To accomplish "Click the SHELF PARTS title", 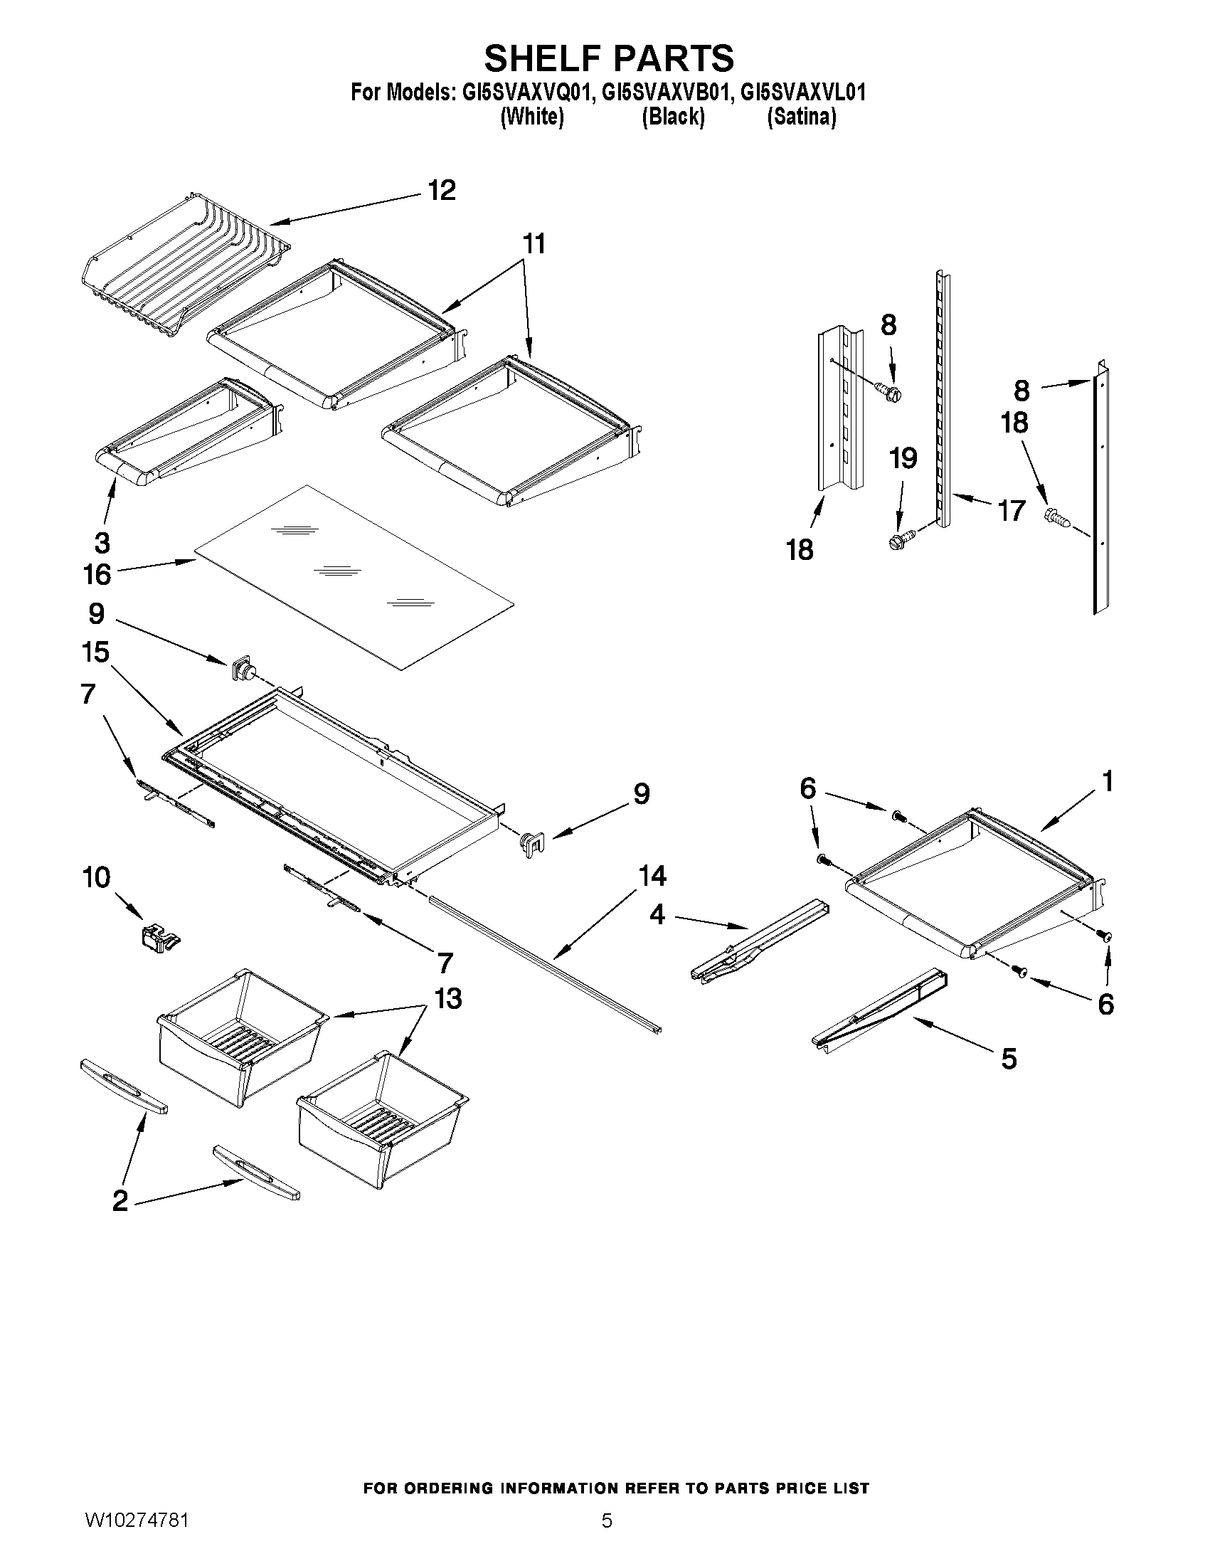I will [x=609, y=58].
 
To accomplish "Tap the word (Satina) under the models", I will [x=802, y=116].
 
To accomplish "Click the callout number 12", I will [x=442, y=190].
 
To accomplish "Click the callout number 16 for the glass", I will [x=97, y=574].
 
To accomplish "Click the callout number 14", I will [x=652, y=876].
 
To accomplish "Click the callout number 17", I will [x=1012, y=511].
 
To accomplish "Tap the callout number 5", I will [x=1009, y=1058].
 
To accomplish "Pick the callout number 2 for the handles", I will [x=120, y=1200].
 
